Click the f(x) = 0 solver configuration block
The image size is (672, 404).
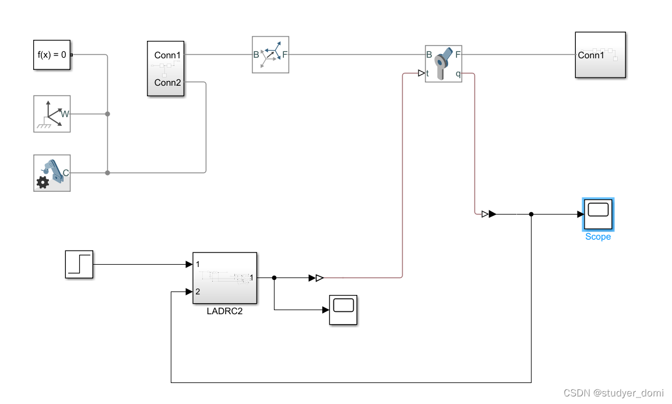click(52, 55)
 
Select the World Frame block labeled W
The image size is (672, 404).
click(52, 114)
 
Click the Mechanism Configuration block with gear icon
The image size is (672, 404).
click(52, 173)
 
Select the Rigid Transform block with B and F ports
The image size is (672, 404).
click(270, 55)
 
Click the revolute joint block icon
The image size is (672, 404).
click(444, 64)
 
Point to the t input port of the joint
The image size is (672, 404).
click(428, 74)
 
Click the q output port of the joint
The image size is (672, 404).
click(458, 74)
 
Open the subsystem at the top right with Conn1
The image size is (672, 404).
click(600, 55)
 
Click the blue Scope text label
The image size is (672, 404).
click(598, 237)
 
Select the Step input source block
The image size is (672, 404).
click(79, 264)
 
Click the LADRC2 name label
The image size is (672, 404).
click(224, 311)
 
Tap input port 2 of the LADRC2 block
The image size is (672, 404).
click(198, 291)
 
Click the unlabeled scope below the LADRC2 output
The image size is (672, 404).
click(343, 310)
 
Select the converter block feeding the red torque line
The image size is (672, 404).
click(318, 278)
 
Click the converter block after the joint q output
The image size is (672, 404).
click(488, 214)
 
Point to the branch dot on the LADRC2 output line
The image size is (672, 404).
click(274, 278)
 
